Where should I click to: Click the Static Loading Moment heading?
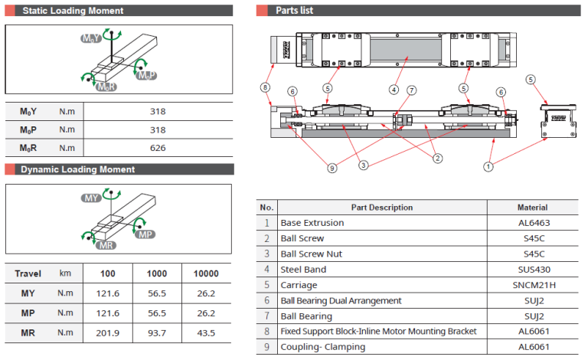73,11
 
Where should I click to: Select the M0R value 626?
158,148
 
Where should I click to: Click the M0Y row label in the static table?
28,112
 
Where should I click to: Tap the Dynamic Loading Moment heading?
77,169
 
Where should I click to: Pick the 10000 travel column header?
205,273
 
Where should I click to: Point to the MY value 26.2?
205,293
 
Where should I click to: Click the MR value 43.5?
205,332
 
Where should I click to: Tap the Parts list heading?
295,11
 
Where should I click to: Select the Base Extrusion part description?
312,223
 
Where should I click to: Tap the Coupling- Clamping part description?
322,347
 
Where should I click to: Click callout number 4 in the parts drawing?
394,90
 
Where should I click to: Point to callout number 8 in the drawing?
266,87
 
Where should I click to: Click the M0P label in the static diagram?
145,76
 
